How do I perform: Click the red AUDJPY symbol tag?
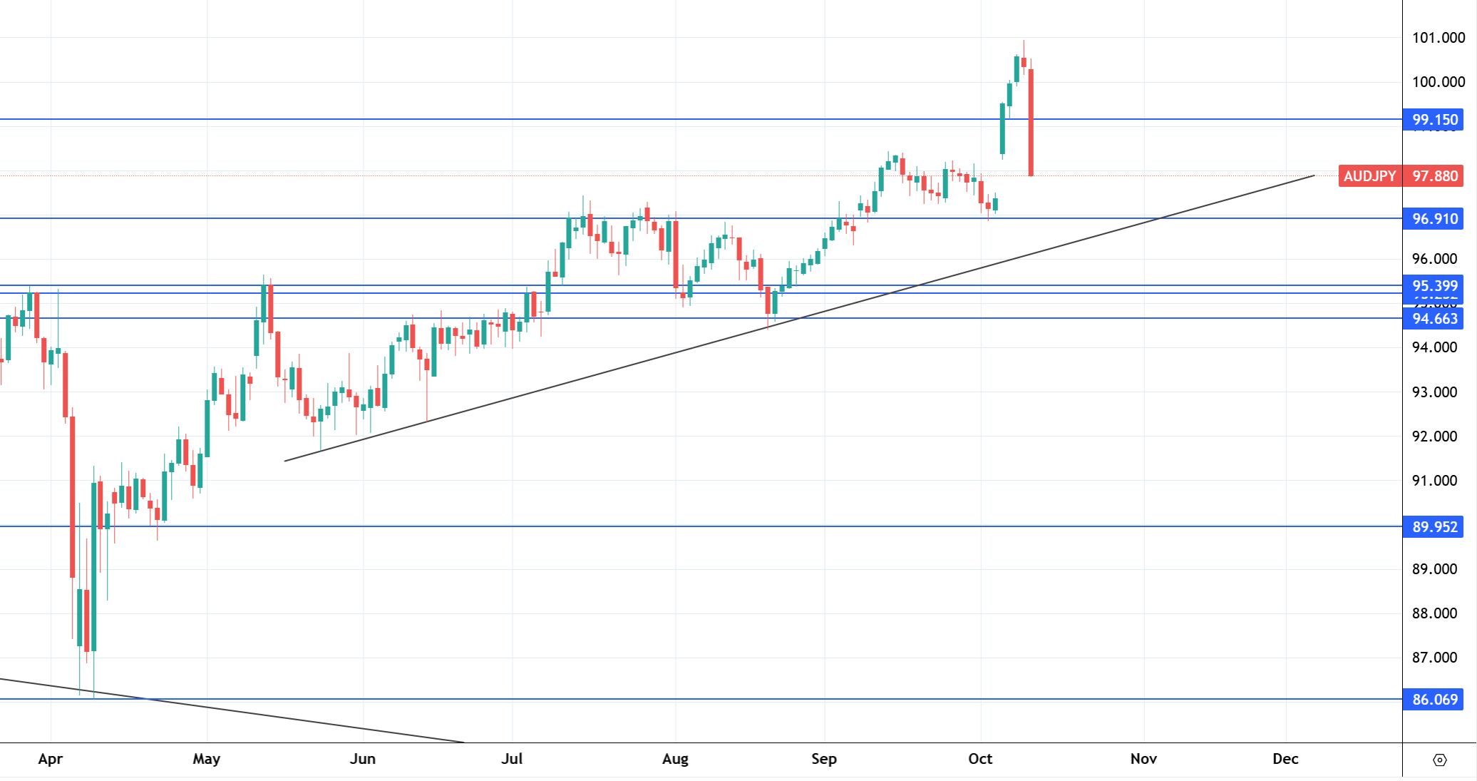tap(1369, 176)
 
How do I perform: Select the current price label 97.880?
tap(1434, 176)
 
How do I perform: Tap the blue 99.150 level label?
tap(1434, 120)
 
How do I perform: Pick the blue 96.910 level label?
tap(1434, 219)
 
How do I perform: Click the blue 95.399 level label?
tap(1434, 286)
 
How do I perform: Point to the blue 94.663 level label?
tap(1434, 319)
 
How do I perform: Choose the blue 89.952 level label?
tap(1434, 527)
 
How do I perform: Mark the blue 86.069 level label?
tap(1434, 700)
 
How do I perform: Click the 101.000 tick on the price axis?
tap(1438, 38)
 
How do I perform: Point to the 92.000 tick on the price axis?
tap(1434, 437)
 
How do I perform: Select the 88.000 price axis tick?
tap(1434, 613)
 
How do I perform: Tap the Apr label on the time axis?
tap(51, 759)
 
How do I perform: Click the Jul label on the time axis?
tap(512, 759)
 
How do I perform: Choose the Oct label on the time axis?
tap(980, 759)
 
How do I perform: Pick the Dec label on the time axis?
tap(1285, 759)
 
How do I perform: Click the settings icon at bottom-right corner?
tap(1439, 760)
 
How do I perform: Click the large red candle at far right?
tap(1031, 121)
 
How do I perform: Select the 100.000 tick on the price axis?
tap(1438, 82)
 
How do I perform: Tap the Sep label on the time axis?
tap(824, 759)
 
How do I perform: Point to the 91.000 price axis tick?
tap(1434, 481)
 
